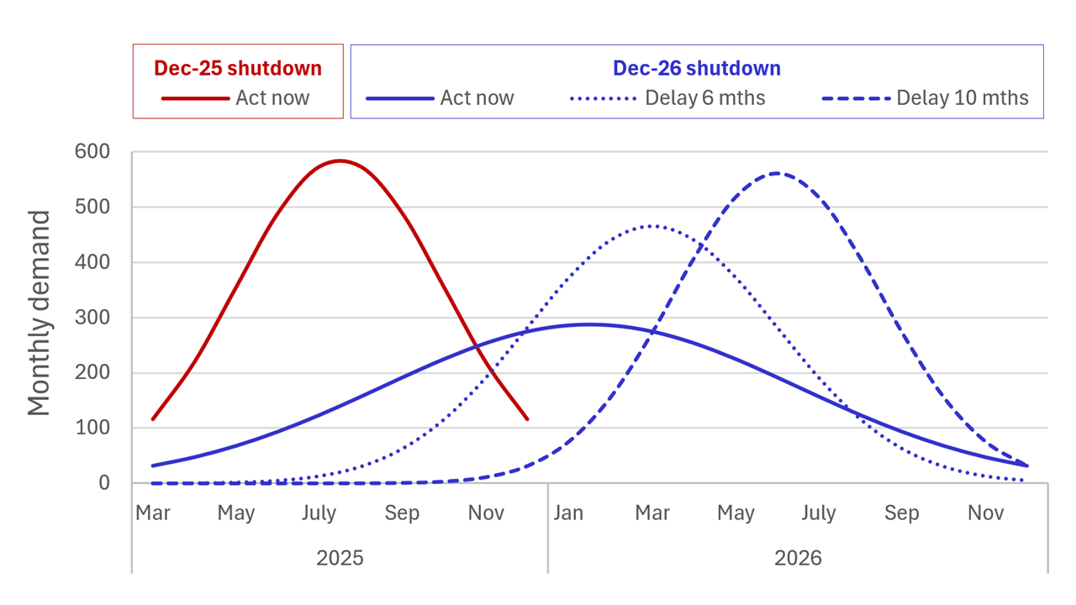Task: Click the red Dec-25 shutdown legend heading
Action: point(238,68)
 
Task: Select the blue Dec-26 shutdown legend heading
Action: point(697,68)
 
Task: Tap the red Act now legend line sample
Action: point(196,98)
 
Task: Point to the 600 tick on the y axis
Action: point(92,152)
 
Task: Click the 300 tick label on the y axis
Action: point(92,318)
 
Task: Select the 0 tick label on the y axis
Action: point(104,483)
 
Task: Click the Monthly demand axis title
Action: point(39,313)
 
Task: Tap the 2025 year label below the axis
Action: point(340,558)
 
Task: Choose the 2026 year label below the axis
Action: point(798,558)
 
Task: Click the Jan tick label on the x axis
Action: point(568,513)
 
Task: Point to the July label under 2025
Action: point(319,513)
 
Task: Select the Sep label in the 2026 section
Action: point(902,513)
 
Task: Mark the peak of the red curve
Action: point(340,160)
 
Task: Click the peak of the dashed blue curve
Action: point(778,173)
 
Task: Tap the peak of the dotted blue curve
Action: point(651,226)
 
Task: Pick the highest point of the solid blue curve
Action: point(589,324)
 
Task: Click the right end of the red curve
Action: point(528,419)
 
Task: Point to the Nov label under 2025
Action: point(486,513)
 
